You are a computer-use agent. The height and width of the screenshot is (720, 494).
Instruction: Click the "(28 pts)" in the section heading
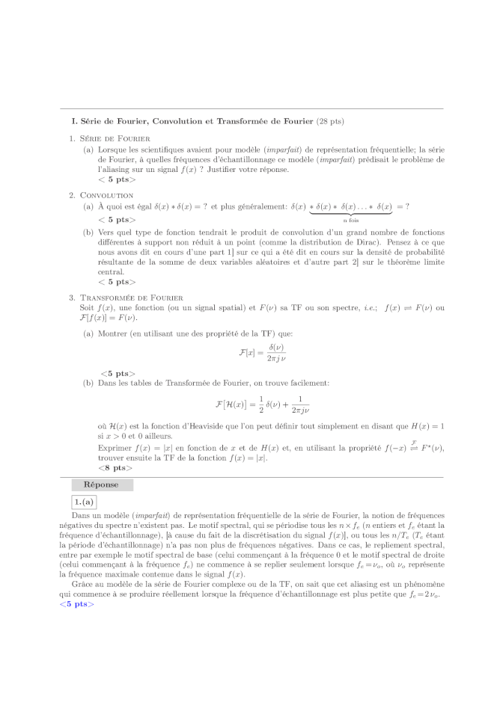(330, 120)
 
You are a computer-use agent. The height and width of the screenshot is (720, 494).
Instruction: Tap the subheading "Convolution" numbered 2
(106, 196)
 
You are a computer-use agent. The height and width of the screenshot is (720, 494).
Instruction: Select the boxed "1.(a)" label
(84, 501)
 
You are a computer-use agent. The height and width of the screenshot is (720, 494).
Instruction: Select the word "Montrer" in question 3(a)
(113, 333)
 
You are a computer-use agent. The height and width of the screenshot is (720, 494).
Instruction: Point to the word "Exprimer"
(114, 447)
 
